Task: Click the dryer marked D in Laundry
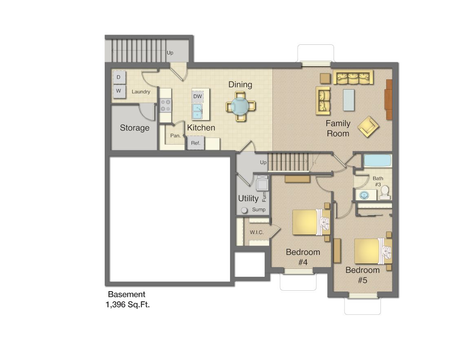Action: click(x=119, y=77)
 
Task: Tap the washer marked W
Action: click(x=119, y=91)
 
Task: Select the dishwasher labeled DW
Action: click(x=197, y=97)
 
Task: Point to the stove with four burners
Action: click(x=166, y=106)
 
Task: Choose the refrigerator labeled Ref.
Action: click(x=195, y=143)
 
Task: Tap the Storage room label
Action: click(x=135, y=128)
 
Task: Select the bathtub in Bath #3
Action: click(x=377, y=161)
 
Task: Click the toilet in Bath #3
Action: click(x=384, y=193)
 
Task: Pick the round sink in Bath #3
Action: click(x=364, y=195)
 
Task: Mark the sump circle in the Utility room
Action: click(x=244, y=210)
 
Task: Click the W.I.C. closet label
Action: click(x=257, y=232)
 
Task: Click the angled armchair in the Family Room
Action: click(x=368, y=126)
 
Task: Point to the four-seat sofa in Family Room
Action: click(x=353, y=77)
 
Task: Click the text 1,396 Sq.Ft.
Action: click(x=128, y=304)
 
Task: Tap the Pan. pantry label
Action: click(x=175, y=136)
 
